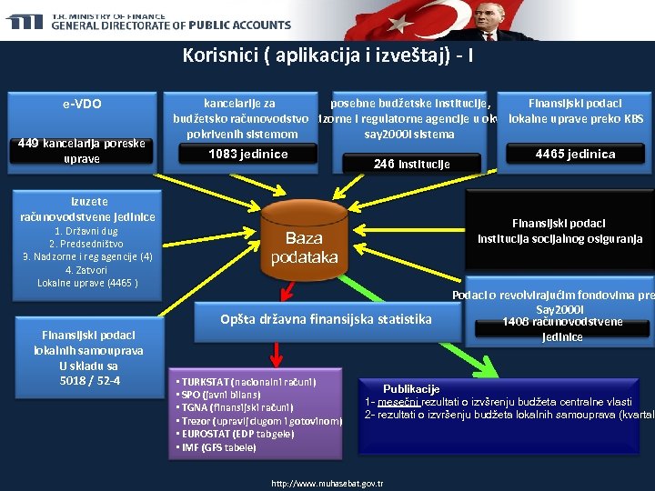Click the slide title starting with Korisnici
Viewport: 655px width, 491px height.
(327, 56)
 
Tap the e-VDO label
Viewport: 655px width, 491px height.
(82, 104)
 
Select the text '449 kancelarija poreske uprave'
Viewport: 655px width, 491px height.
(82, 151)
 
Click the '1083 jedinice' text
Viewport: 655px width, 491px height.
(248, 154)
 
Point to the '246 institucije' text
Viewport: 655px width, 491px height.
(412, 164)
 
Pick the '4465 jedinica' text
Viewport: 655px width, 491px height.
(575, 154)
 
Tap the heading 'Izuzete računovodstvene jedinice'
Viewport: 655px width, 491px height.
(88, 209)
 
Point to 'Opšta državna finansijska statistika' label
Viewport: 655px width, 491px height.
(326, 319)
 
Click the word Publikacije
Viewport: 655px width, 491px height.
(411, 388)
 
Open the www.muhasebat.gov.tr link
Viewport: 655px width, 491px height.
(327, 484)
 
